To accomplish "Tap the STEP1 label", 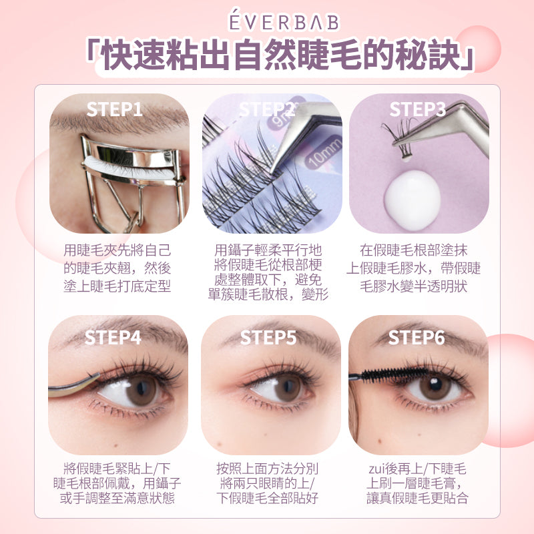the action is [114, 109].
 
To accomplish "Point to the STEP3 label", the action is [418, 109].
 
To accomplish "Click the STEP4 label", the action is [113, 338].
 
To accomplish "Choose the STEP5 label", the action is [268, 338].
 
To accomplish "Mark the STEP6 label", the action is [417, 338].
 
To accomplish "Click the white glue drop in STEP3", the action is [413, 198].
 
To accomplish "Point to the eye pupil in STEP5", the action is [288, 386].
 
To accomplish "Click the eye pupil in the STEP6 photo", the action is [436, 384].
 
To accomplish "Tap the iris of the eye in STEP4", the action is [142, 390].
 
